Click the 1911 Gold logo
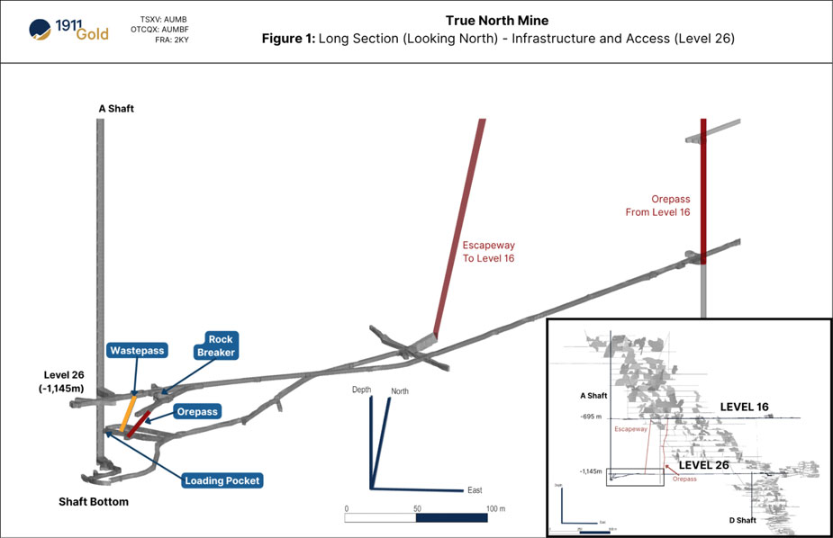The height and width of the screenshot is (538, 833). pos(68,31)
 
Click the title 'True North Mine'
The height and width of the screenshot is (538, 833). pos(496,21)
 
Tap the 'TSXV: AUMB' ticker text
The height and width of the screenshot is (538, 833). pos(165,19)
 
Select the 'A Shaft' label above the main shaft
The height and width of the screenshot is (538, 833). pos(116,109)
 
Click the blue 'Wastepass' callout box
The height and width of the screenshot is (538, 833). pos(137,350)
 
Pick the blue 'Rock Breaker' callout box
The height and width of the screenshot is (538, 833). pos(215,346)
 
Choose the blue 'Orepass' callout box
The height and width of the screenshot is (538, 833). pos(197,411)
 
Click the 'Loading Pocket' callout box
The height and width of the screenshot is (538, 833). pos(222,480)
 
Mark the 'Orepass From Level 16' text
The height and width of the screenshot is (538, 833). pos(657,205)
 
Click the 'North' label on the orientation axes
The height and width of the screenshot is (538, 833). pos(399,390)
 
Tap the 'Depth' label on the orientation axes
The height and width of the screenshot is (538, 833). pos(362,389)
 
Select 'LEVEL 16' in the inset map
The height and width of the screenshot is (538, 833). pos(744,407)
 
